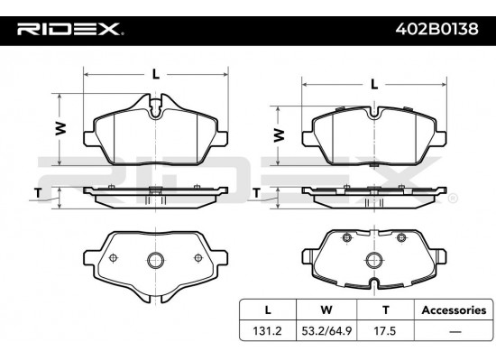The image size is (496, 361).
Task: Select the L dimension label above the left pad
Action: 157,74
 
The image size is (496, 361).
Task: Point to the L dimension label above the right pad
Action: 374,84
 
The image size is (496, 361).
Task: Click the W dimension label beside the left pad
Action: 60,128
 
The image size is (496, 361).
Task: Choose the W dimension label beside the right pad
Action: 280,135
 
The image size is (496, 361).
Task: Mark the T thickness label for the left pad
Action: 38,192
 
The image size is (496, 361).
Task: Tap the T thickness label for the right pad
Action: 257,192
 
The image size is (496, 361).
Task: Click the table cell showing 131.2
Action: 261,331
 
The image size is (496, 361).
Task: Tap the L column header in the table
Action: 261,310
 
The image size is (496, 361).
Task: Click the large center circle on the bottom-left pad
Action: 155,262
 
